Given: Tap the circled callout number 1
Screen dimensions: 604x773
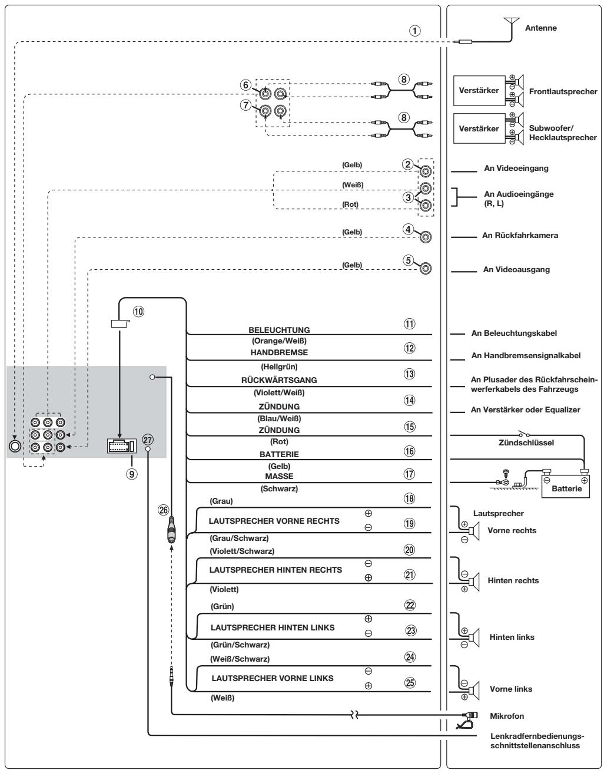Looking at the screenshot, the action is [414, 31].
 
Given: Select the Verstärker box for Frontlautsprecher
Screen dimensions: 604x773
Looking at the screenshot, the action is [479, 90].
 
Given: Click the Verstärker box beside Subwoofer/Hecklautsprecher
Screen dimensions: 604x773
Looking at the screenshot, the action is [479, 128].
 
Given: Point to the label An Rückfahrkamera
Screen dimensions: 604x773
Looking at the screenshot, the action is [520, 235].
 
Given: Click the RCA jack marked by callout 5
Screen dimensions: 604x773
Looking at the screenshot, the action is [426, 268].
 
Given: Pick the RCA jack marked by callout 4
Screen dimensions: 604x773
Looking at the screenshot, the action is [426, 237].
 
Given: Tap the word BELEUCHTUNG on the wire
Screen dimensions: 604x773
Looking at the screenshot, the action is [279, 330].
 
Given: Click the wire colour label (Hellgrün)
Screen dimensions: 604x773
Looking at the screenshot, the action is [279, 366].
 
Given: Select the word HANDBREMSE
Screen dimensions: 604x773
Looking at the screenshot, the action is [279, 352].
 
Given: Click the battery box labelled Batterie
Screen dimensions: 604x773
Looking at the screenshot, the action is [565, 485].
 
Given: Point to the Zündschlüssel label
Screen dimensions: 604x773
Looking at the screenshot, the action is [526, 442].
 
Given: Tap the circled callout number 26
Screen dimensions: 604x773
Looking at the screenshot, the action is [164, 510].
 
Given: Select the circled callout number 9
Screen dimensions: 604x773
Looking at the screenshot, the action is [132, 474].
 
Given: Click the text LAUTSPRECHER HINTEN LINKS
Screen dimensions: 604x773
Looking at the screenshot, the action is [273, 627].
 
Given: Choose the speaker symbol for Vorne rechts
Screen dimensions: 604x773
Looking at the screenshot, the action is [474, 531].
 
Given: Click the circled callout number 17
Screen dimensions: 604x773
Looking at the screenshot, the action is [409, 474].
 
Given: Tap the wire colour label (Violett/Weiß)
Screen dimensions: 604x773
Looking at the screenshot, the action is [279, 393].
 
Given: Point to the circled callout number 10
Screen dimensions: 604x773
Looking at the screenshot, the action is [138, 312].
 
